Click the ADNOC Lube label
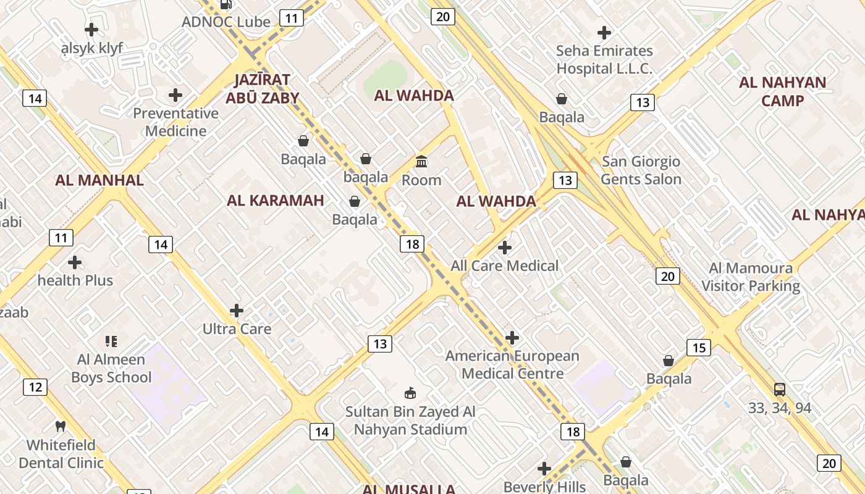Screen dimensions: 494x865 coord(226,22)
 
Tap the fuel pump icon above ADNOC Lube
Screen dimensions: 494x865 coord(226,5)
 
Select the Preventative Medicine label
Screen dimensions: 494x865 coord(176,122)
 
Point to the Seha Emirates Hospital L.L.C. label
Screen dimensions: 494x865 coord(604,59)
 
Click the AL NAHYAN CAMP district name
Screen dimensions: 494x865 coord(782,91)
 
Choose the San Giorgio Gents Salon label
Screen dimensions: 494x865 coord(641,170)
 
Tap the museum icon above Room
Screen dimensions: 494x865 coord(421,162)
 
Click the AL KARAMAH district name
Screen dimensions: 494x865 coord(276,200)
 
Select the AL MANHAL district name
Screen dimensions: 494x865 coord(99,180)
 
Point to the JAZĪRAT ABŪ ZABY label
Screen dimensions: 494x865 coord(262,88)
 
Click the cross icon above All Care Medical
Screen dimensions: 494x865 coord(505,248)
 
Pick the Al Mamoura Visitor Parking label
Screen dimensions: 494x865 coord(751,277)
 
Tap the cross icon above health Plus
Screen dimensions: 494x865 coord(75,262)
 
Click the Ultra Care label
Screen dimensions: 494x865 coord(237,329)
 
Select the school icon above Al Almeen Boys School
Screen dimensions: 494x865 coord(111,341)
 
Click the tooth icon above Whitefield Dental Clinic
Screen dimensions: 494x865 coord(61,426)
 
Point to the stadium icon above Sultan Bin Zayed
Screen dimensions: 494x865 coord(410,393)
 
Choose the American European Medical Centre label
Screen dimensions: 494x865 coord(513,365)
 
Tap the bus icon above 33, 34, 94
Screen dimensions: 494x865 coord(780,390)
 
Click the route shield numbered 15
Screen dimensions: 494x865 coord(699,348)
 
